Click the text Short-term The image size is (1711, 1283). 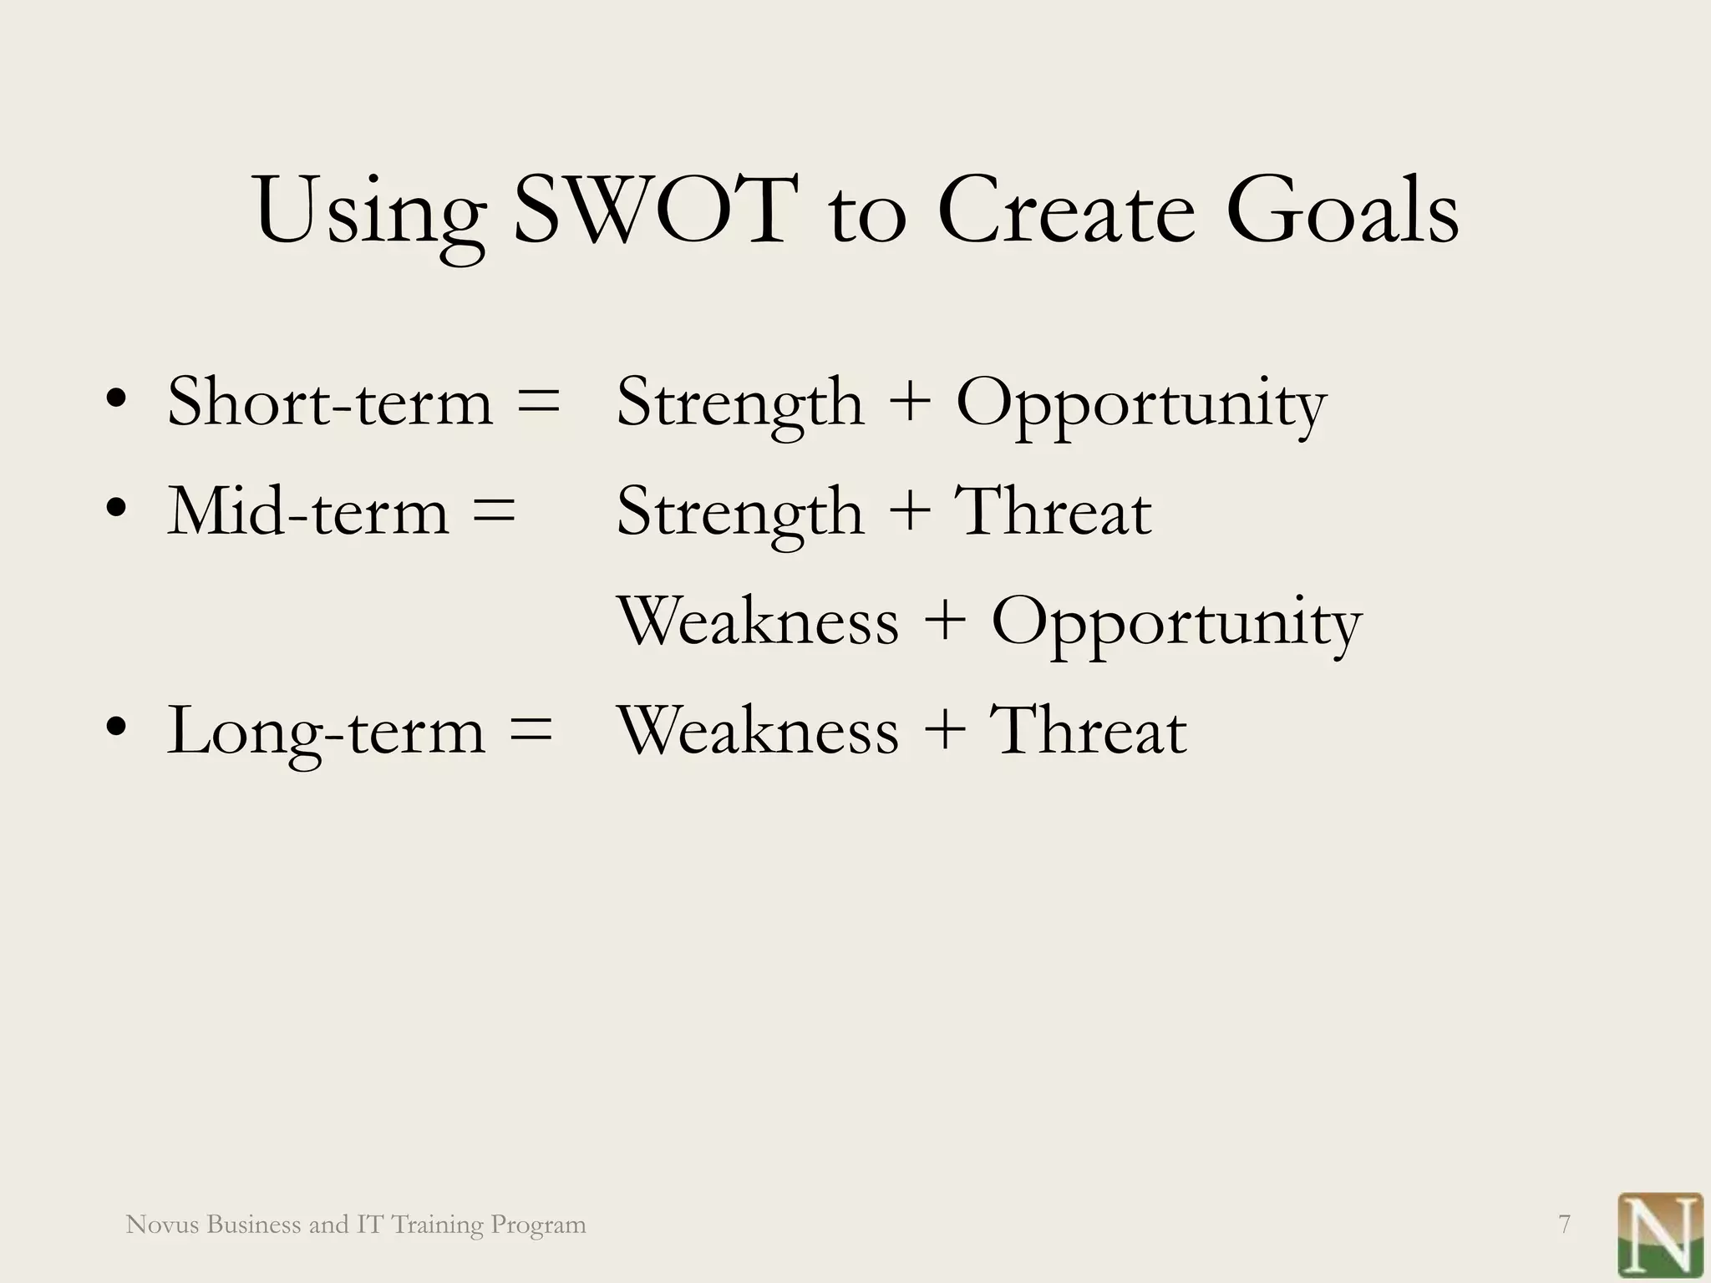pyautogui.click(x=330, y=403)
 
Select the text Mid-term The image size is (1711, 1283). pyautogui.click(x=308, y=511)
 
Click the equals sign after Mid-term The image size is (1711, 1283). pyautogui.click(x=494, y=511)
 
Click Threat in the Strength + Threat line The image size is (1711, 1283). pyautogui.click(x=1053, y=511)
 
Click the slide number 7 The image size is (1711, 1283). pyautogui.click(x=1565, y=1225)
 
